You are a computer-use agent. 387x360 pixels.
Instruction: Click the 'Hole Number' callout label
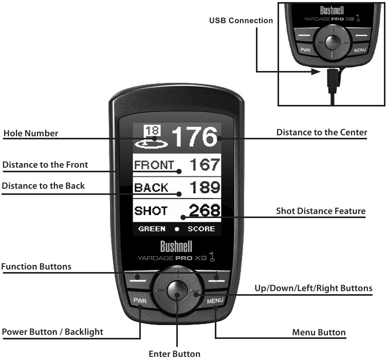31,133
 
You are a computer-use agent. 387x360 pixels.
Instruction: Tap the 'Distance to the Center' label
322,132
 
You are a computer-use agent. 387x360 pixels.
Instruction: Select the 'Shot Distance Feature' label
321,211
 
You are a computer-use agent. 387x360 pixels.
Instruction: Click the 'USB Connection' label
241,21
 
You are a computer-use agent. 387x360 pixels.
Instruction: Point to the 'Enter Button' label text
174,353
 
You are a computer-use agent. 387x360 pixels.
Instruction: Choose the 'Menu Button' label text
319,332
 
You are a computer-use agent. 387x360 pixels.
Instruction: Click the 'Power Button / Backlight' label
52,332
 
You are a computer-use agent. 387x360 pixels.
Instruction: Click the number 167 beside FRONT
205,165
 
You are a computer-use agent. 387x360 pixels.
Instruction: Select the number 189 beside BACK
205,188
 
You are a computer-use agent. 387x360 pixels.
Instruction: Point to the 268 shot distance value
205,210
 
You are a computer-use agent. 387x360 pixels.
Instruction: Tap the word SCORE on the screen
201,229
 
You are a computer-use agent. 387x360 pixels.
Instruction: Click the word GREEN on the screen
152,229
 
